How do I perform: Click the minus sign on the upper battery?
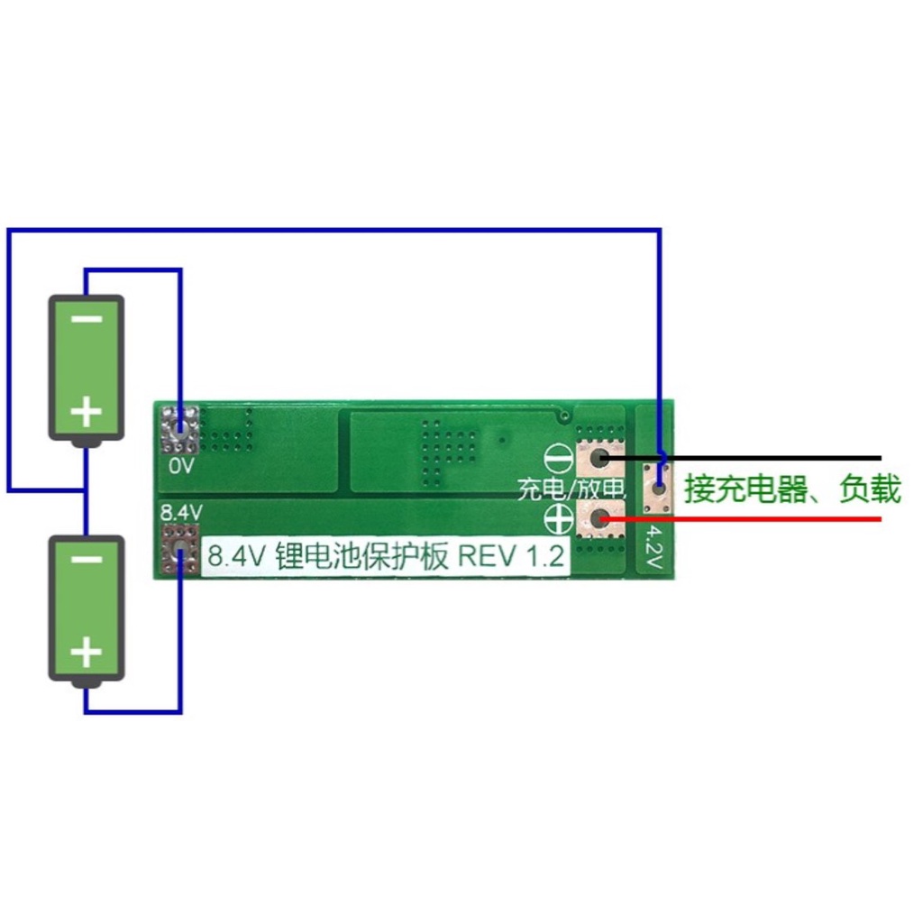[86, 320]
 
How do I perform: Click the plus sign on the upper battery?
[86, 413]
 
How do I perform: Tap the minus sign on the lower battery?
[86, 560]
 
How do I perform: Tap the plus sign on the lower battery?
[86, 651]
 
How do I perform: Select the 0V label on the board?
[181, 467]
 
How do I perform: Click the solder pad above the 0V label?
[179, 429]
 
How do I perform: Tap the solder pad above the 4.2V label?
[658, 488]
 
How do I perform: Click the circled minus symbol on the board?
[559, 459]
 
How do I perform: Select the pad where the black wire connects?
[599, 458]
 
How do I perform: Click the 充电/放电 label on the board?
[571, 489]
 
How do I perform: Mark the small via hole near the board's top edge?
[564, 416]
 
